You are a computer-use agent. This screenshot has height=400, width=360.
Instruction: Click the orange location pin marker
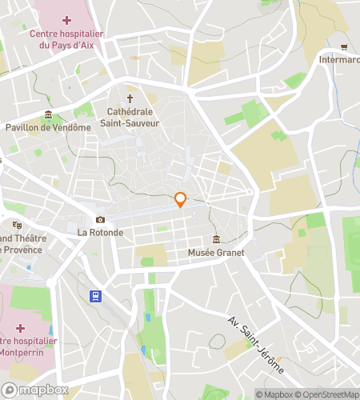(181, 200)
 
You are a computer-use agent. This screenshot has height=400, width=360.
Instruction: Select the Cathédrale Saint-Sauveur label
(134, 118)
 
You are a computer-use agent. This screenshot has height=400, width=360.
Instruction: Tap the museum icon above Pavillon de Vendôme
(49, 114)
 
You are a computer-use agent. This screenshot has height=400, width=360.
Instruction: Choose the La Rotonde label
(100, 233)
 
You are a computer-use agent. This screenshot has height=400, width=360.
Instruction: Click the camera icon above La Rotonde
(100, 219)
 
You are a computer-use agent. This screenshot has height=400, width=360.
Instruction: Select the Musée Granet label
(214, 253)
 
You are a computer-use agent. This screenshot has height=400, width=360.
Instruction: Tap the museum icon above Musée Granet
(215, 239)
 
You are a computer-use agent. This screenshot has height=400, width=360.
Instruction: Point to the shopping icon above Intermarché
(344, 46)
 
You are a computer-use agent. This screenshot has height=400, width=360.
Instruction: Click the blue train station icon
(95, 296)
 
